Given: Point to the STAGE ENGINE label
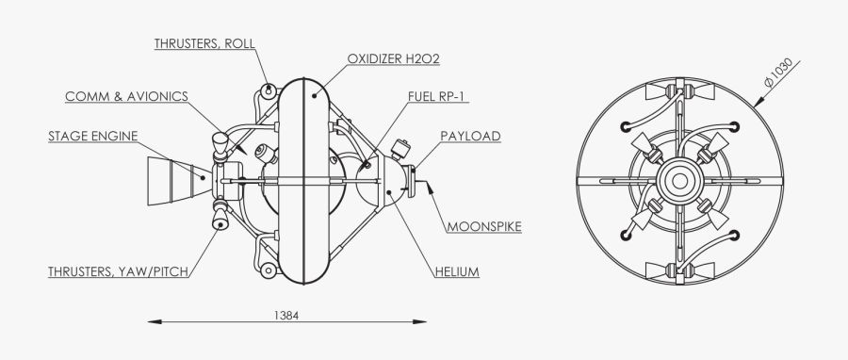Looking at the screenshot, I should (x=92, y=137).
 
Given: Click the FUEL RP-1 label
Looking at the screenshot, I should (x=438, y=96).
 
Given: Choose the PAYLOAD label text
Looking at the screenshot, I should (x=470, y=137).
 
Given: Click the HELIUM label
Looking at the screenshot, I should (x=457, y=272).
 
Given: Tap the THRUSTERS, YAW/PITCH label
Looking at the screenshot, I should (x=119, y=272).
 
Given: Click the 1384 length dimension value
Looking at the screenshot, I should (x=287, y=315).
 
